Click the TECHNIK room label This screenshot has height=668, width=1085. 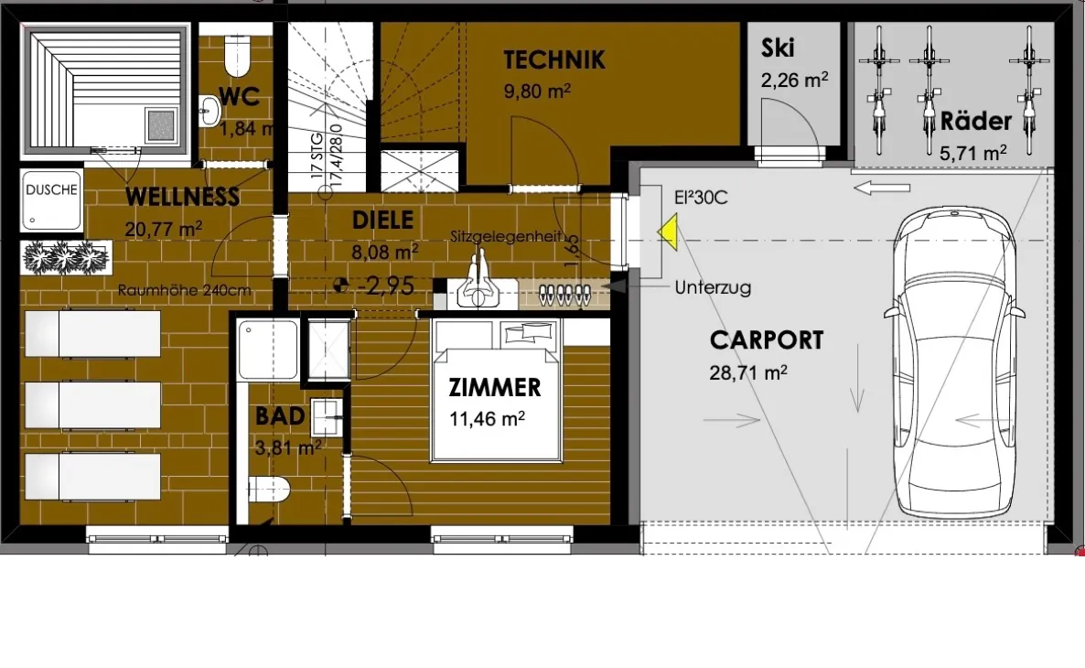553,60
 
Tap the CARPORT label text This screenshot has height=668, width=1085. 767,340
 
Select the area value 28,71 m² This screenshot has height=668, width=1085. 748,373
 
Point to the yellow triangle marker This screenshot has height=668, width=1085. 668,232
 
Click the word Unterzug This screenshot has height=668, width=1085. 713,287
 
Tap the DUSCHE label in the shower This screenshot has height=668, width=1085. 52,189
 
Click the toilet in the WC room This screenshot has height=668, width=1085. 237,56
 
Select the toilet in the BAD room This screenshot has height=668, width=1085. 268,490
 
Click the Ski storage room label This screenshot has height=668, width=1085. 778,48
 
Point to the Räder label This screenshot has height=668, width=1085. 975,121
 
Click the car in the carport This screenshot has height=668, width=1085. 953,361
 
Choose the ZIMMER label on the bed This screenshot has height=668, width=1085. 495,388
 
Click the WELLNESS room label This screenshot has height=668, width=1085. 183,197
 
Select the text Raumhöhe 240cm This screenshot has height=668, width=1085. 184,291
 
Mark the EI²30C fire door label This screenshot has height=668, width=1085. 701,198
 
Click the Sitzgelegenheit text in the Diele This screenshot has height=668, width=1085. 506,236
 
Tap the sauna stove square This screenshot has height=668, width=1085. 161,125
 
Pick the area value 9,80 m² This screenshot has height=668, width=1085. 537,92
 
